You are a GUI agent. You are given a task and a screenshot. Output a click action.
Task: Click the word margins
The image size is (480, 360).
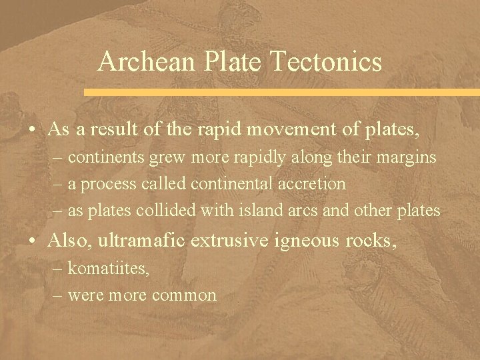tap(410, 159)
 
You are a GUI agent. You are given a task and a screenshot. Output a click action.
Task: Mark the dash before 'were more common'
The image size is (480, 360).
tap(58, 295)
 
